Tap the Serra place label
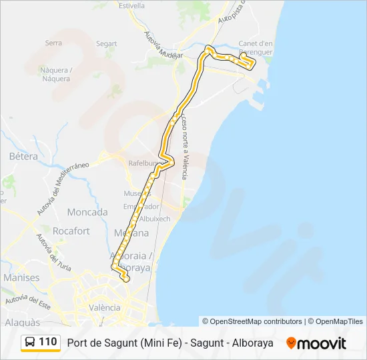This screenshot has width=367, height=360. click(53, 43)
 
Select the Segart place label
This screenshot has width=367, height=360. click(106, 44)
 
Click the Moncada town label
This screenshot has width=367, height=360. click(87, 212)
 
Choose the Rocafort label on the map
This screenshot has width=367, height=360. click(71, 231)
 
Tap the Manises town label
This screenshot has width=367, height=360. click(21, 277)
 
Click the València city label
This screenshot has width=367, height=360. click(105, 307)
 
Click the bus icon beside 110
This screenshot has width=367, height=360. click(30, 342)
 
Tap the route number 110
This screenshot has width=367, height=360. click(47, 342)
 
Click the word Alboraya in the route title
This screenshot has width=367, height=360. click(251, 343)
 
